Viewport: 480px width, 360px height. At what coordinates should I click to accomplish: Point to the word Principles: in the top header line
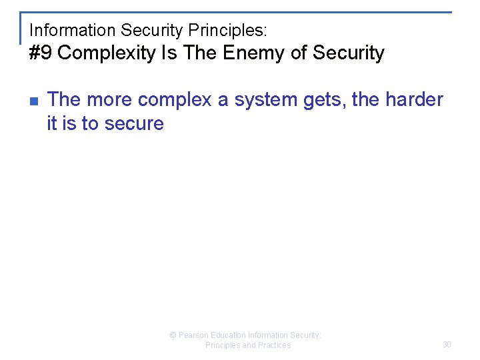click(x=229, y=30)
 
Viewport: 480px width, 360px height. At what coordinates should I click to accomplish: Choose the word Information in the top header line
click(x=73, y=30)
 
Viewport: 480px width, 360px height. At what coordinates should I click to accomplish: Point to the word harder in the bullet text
click(x=414, y=100)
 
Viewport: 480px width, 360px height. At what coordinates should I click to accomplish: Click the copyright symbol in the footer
click(x=173, y=335)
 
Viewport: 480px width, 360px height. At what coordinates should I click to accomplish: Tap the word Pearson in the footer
click(x=193, y=335)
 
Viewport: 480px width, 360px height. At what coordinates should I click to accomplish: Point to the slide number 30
click(x=447, y=345)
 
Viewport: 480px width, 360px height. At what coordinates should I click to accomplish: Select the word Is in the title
click(x=169, y=53)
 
